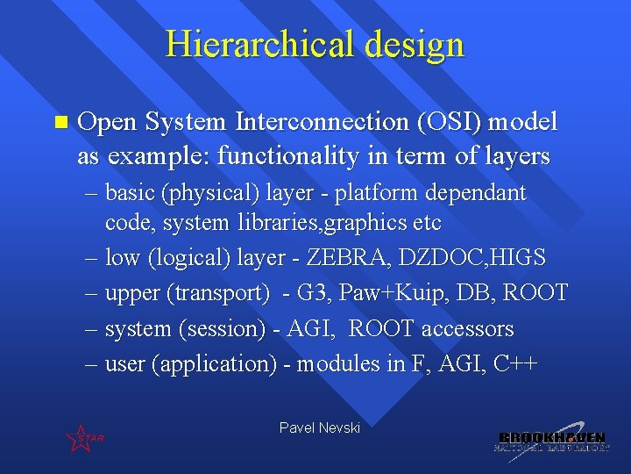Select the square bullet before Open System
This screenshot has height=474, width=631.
point(59,122)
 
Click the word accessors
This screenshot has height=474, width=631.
point(467,329)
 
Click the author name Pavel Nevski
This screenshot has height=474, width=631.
point(319,427)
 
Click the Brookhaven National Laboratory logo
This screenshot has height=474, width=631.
point(551,441)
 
